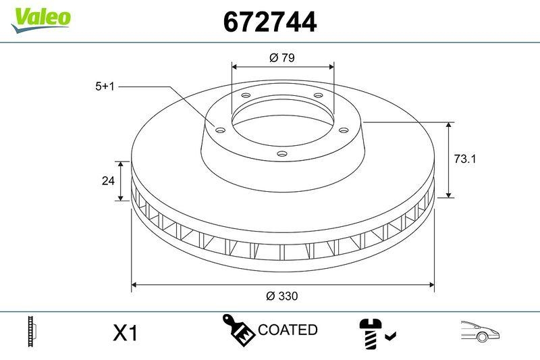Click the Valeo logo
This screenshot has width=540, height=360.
[x=40, y=18]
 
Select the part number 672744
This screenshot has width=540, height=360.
[x=269, y=22]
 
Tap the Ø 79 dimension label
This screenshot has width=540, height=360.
[x=282, y=58]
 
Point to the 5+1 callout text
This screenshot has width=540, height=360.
[x=106, y=86]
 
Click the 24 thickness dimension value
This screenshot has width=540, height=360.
[x=106, y=180]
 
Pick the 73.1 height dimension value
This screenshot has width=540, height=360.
[x=464, y=159]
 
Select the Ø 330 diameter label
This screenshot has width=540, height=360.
[x=281, y=296]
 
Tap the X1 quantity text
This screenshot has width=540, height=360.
[x=125, y=332]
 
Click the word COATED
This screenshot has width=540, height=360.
[x=288, y=330]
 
